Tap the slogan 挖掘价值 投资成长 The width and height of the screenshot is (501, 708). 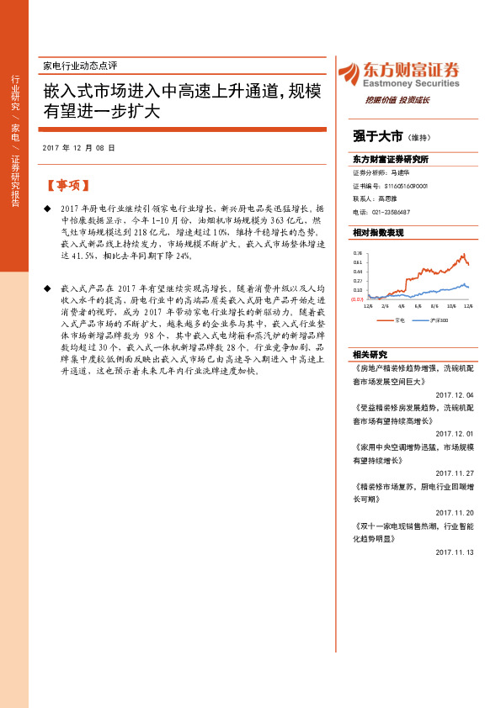click(x=397, y=100)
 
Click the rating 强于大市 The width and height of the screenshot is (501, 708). click(x=378, y=136)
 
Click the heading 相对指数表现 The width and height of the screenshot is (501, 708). click(x=378, y=232)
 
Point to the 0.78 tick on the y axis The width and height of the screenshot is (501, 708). click(x=356, y=253)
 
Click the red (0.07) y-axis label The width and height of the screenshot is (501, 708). click(x=356, y=299)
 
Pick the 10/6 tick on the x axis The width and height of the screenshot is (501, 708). click(x=450, y=306)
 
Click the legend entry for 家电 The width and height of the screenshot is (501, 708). click(x=399, y=320)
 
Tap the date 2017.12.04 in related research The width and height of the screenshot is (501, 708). click(x=455, y=394)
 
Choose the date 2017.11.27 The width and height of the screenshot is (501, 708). click(x=455, y=473)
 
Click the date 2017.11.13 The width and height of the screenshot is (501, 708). click(x=455, y=552)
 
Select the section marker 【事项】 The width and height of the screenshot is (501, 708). click(x=67, y=185)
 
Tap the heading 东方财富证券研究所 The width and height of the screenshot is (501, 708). click(x=391, y=159)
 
